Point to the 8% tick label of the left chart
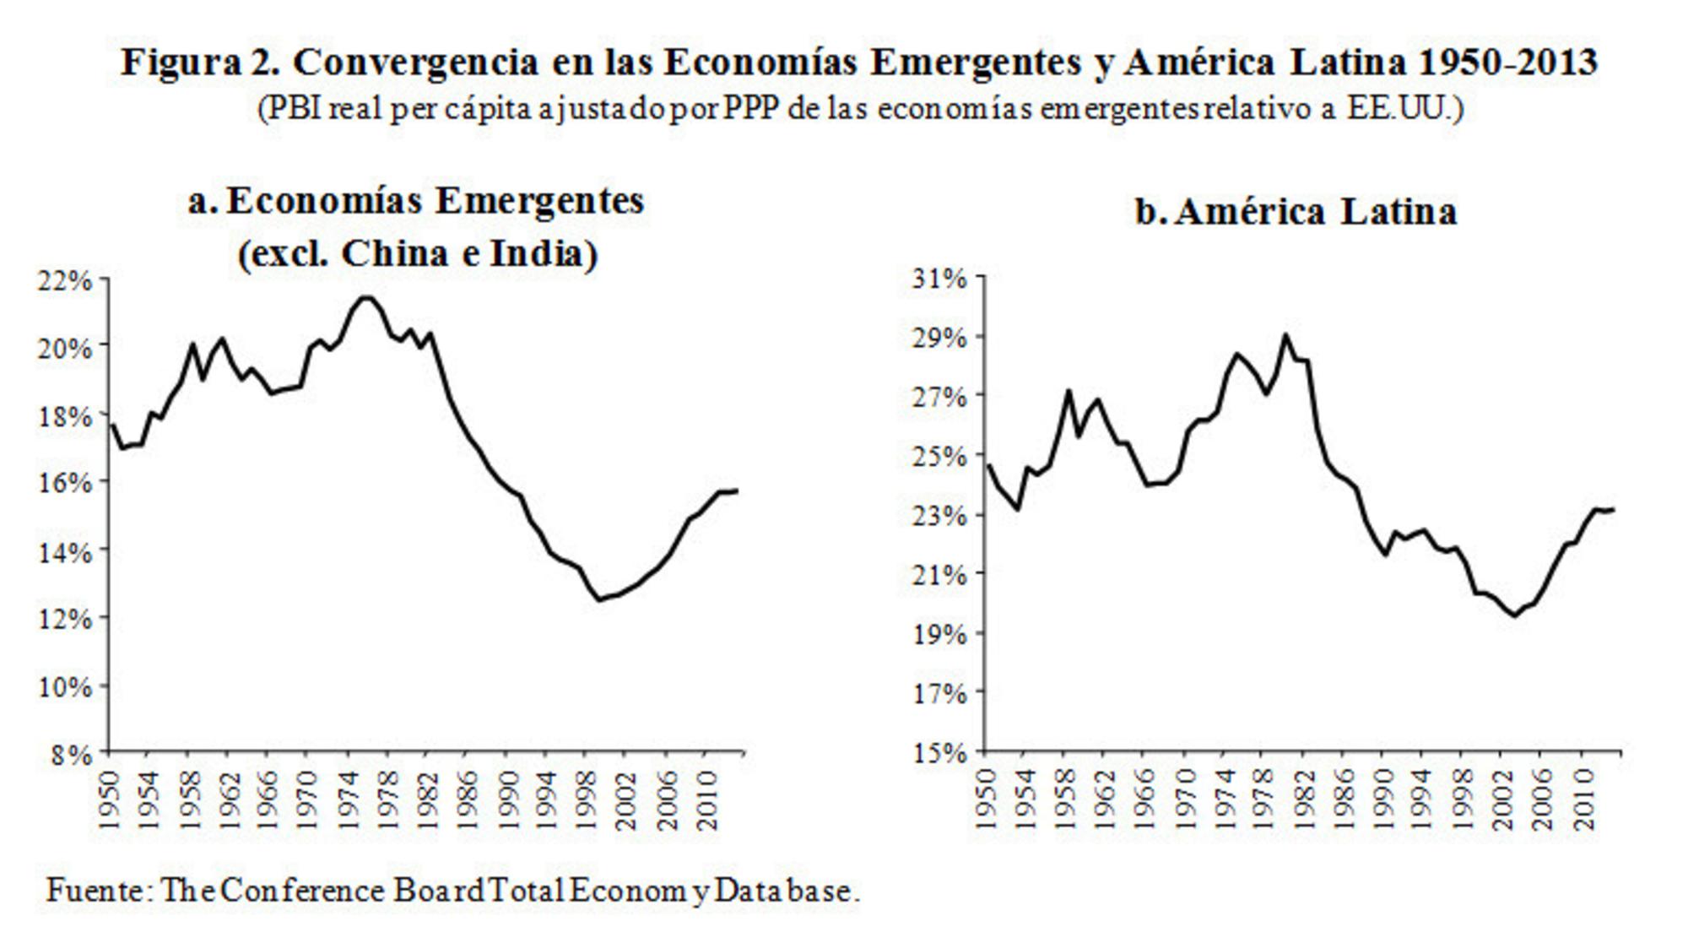pos(71,754)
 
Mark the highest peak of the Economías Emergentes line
pos(366,297)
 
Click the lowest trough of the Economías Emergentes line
pos(599,599)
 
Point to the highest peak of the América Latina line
pos(1285,335)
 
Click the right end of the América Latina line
pos(1613,509)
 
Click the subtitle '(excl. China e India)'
pos(418,253)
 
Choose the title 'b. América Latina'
pos(1296,211)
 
